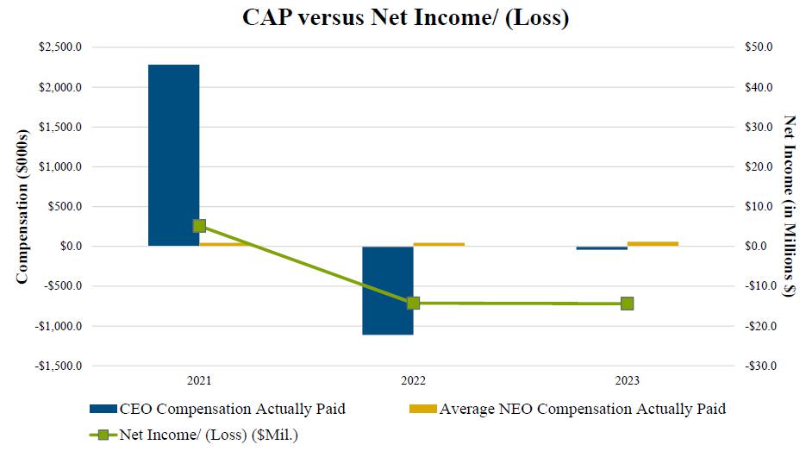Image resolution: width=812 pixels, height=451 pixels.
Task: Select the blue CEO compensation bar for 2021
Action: [x=173, y=155]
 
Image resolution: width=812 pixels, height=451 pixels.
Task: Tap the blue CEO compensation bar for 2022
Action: [x=387, y=290]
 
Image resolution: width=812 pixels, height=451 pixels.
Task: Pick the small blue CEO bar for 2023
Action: [x=602, y=248]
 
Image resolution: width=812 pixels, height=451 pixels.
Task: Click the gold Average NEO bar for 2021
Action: [x=225, y=244]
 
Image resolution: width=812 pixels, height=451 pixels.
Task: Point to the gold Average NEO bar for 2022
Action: [x=439, y=244]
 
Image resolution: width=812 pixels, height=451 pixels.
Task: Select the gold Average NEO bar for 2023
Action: [x=653, y=243]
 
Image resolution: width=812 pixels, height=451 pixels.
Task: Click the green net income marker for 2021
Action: [x=199, y=226]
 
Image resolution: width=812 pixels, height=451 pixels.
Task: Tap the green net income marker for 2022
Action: [x=413, y=303]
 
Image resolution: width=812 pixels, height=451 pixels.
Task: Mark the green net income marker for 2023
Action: [x=627, y=304]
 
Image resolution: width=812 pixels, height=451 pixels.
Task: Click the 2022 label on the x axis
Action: [x=413, y=379]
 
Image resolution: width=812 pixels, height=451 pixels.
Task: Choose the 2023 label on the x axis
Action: [x=627, y=379]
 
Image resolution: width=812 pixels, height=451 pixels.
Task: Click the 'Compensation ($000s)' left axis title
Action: [x=22, y=206]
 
